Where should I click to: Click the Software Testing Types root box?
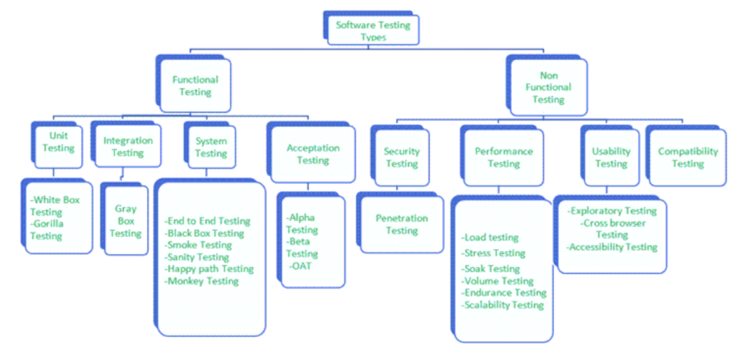click(x=373, y=30)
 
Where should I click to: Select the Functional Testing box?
click(x=195, y=85)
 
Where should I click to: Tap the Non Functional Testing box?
click(x=548, y=87)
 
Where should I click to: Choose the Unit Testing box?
click(x=58, y=142)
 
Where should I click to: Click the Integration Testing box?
click(x=128, y=146)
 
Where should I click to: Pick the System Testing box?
click(x=211, y=147)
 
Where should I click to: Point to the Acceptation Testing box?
click(x=313, y=154)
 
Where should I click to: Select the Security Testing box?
click(x=402, y=157)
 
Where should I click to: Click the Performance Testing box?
click(x=503, y=157)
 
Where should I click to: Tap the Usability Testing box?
click(x=611, y=157)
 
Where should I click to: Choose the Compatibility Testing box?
click(x=687, y=157)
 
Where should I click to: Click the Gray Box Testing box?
click(x=126, y=221)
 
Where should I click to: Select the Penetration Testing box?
click(x=402, y=224)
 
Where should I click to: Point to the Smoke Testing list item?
click(x=199, y=245)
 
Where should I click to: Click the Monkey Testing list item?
click(x=203, y=281)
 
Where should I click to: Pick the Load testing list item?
click(x=490, y=238)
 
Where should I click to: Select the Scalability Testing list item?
click(x=503, y=305)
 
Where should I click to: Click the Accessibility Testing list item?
click(x=612, y=247)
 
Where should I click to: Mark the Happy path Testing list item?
click(x=210, y=269)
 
